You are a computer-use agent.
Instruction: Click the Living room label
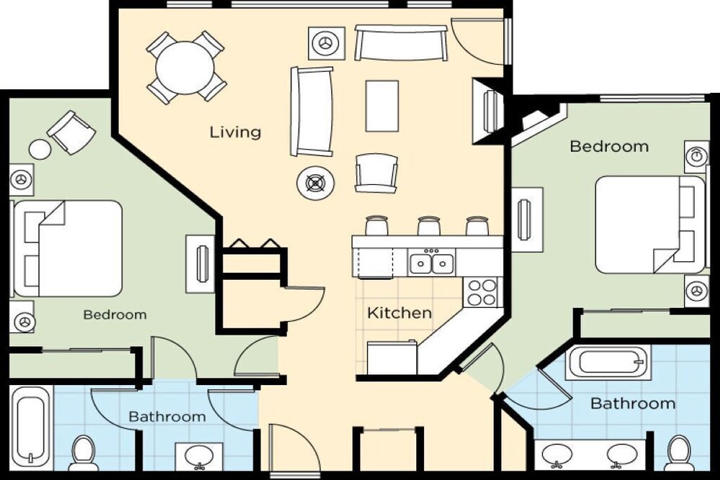coord(235,132)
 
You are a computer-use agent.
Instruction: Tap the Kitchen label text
coord(400,313)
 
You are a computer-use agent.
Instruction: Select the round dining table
coord(185,68)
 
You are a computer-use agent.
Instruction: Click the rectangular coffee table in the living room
coord(382,106)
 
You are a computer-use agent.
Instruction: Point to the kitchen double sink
coord(431,263)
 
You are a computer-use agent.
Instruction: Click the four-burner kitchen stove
coord(482,292)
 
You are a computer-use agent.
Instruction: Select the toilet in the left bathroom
coord(84,453)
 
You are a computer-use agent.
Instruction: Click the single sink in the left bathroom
coord(199,457)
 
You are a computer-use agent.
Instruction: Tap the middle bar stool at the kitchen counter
coord(429,225)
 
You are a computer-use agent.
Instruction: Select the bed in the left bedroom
coord(67,248)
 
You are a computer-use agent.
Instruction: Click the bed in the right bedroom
coord(650,225)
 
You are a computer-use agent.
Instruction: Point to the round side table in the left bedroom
coord(40,149)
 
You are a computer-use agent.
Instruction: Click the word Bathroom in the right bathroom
coord(633,404)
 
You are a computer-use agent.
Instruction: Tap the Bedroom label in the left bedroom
coord(115,314)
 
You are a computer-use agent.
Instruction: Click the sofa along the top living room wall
coord(401,42)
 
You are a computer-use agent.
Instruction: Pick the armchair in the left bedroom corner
coord(71,132)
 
